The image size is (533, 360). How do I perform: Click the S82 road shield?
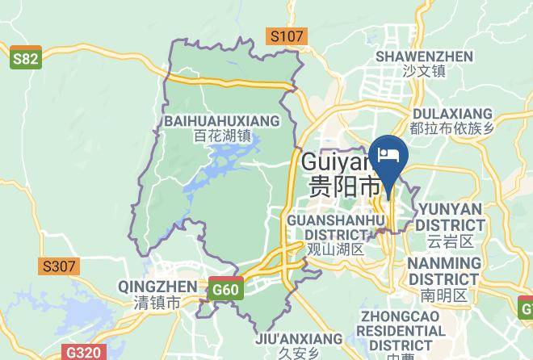click(x=25, y=61)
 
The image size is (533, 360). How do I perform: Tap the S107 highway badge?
click(x=287, y=36)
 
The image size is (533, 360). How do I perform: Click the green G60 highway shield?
click(x=225, y=289)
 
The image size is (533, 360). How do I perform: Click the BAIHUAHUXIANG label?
click(x=221, y=121)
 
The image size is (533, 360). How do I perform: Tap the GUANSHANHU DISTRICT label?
click(x=335, y=226)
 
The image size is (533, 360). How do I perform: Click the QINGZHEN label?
click(x=157, y=287)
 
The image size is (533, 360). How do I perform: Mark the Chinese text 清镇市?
click(x=157, y=303)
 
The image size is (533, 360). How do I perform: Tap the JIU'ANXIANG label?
click(x=288, y=338)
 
